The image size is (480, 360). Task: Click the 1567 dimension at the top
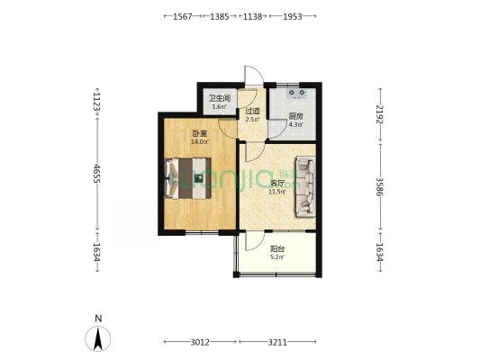[x=183, y=16]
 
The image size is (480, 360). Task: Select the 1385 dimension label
[x=220, y=16]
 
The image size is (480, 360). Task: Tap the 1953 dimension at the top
[x=293, y=16]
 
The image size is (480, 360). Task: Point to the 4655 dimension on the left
[x=97, y=174]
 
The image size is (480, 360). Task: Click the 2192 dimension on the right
[x=380, y=114]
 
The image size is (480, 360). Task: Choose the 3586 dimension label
[x=380, y=186]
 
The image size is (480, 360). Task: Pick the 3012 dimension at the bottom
[x=200, y=342]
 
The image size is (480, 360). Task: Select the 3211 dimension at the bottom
[x=277, y=342]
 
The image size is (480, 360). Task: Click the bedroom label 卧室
[x=200, y=134]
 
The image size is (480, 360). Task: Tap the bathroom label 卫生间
[x=220, y=98]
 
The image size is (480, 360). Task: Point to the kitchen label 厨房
[x=295, y=116]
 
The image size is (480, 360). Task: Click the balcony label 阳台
[x=277, y=249]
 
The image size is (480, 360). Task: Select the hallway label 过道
[x=252, y=111]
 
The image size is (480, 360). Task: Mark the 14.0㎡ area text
[x=200, y=141]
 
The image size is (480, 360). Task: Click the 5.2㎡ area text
[x=277, y=256]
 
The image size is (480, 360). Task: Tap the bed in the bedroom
[x=188, y=178]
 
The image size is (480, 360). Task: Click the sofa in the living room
[x=305, y=186]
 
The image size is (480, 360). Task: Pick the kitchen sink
[x=296, y=94]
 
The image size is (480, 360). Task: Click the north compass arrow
[x=98, y=338]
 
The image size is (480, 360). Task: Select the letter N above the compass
[x=98, y=319]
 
